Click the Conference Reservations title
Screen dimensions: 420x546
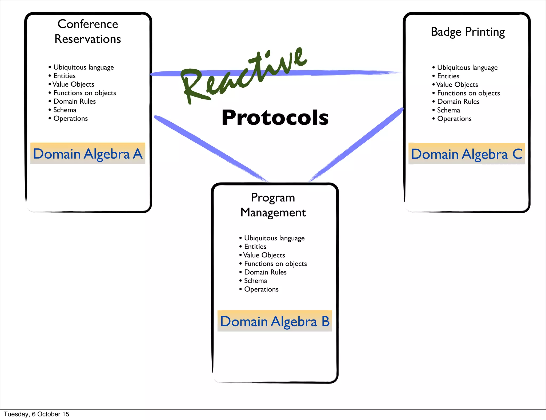[88, 31]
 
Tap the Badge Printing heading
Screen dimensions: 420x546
[468, 32]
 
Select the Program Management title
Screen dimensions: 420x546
[273, 205]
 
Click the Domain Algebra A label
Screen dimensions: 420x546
[88, 154]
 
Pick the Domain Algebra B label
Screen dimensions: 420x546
[275, 321]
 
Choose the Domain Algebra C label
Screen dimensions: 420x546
[467, 154]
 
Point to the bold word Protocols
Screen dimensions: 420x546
[275, 118]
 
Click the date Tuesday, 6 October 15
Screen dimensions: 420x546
[37, 414]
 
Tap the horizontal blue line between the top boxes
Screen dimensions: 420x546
[347, 72]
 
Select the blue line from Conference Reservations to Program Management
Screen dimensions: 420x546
[211, 148]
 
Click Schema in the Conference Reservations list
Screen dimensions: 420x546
[65, 110]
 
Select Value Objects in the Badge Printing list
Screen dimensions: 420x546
[457, 84]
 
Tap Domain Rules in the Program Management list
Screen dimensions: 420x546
[265, 272]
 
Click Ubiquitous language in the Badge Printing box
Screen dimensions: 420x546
[467, 67]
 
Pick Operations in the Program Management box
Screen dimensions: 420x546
[261, 289]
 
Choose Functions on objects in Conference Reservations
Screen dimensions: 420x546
[85, 93]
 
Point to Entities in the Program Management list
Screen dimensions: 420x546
[255, 247]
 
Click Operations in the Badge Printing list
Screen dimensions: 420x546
[454, 119]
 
